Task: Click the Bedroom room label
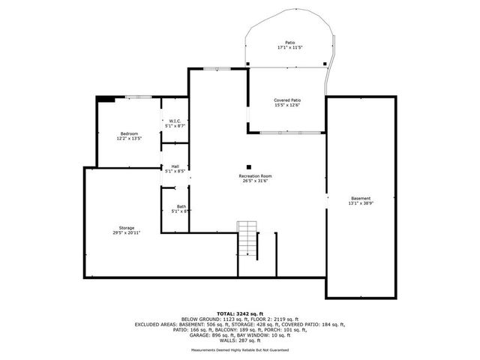(129, 133)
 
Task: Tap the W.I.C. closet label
(174, 121)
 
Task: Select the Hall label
(175, 166)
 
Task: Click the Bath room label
(181, 207)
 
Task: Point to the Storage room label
(126, 227)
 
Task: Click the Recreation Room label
(256, 175)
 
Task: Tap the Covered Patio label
(287, 100)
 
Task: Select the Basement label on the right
(361, 198)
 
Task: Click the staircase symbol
(247, 239)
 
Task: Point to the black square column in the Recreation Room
(249, 167)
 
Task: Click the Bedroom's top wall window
(138, 97)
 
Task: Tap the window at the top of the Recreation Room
(217, 68)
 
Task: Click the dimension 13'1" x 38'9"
(361, 203)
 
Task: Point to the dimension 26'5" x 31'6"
(256, 181)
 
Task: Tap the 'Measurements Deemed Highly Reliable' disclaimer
(240, 349)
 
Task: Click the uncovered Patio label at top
(289, 43)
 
